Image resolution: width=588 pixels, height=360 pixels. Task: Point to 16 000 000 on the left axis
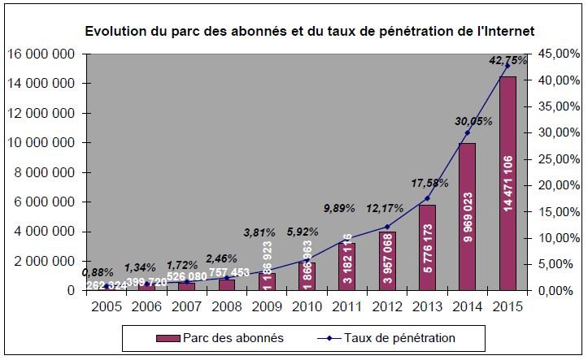pyautogui.click(x=41, y=54)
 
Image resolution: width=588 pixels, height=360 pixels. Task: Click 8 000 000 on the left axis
pyautogui.click(x=44, y=172)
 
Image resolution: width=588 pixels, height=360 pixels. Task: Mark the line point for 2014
pyautogui.click(x=467, y=132)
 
